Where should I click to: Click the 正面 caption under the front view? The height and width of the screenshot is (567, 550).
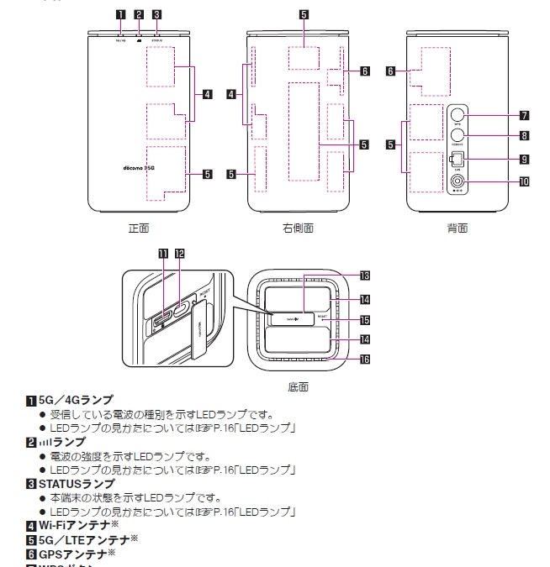tap(138, 228)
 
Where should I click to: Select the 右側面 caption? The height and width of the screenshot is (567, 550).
tap(298, 228)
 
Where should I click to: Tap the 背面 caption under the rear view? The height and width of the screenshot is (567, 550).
tap(457, 228)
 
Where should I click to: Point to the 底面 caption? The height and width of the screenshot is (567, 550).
tap(298, 387)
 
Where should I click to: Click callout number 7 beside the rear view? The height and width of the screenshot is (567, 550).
tap(523, 114)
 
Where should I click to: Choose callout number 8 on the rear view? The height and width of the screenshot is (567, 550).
tap(523, 135)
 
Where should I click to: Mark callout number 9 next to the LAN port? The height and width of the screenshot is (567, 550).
tap(523, 159)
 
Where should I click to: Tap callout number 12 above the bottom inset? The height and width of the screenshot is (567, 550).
tap(179, 252)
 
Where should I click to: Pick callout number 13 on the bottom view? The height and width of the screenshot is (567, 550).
tap(364, 275)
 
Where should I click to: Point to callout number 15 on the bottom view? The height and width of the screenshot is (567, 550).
tap(364, 320)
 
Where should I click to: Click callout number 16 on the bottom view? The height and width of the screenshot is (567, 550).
tap(364, 359)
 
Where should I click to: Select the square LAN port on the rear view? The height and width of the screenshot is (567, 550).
tap(457, 158)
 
